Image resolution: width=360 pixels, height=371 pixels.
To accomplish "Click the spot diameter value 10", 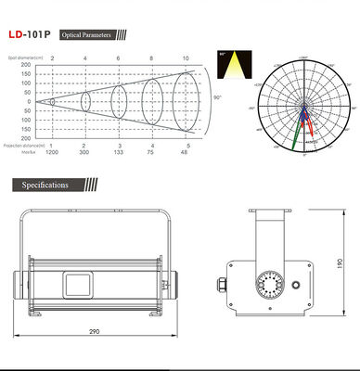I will point(185,58).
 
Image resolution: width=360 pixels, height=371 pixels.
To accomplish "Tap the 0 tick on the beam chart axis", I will point(27,101).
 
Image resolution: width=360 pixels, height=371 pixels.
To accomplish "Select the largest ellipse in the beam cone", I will point(186,97).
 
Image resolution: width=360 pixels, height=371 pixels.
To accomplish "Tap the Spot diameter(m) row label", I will point(19,58).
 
